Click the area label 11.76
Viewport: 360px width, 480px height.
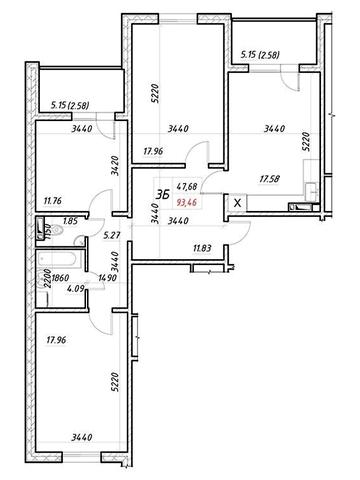click(53, 201)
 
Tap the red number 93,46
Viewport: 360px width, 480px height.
click(186, 202)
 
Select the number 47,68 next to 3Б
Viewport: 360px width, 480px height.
click(186, 186)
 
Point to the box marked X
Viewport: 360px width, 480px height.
click(237, 203)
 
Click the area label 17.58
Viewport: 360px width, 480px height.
click(269, 179)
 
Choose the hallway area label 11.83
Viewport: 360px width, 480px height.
click(202, 248)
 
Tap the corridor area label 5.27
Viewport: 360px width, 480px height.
click(110, 236)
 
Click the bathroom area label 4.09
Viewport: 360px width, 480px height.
click(75, 287)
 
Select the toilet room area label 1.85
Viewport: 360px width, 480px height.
click(70, 220)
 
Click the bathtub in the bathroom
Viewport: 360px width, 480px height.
click(60, 259)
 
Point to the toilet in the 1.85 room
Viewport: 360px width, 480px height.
click(57, 230)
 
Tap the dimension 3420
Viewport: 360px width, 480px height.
click(115, 166)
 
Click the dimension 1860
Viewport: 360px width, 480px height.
click(60, 278)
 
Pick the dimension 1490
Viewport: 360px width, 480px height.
click(107, 278)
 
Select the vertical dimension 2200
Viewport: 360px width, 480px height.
click(48, 279)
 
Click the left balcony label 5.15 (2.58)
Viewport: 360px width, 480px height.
click(70, 106)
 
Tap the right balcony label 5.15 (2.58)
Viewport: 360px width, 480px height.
click(260, 55)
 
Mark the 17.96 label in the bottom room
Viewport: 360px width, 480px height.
click(56, 340)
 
